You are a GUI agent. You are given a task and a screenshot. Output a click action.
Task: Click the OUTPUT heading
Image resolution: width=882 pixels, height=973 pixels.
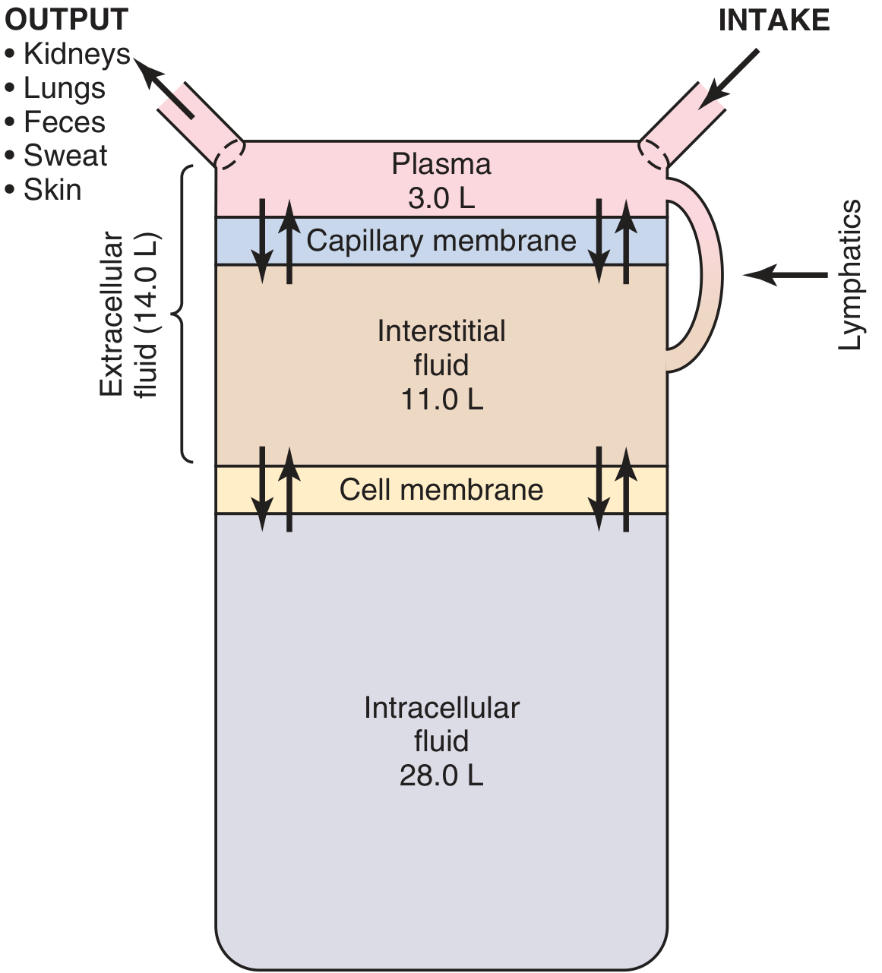pos(66,20)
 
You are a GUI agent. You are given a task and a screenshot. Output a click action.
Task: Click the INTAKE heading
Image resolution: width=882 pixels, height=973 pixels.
pos(774,21)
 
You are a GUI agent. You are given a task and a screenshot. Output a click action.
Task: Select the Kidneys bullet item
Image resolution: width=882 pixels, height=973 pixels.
pos(68,55)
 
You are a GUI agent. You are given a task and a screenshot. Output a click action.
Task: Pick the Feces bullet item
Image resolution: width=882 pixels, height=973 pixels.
pos(55,122)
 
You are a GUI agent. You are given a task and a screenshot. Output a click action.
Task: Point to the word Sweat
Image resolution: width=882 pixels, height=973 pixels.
pos(65,156)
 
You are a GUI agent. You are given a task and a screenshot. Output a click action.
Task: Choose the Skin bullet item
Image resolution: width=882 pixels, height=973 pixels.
pos(43,189)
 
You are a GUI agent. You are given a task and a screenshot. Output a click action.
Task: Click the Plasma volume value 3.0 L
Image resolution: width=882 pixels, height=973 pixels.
pos(441,198)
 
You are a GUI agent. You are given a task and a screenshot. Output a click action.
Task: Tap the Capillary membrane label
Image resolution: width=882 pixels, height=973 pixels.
pos(441,241)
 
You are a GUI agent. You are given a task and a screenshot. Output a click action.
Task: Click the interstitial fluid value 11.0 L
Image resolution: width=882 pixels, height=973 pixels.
pos(442,400)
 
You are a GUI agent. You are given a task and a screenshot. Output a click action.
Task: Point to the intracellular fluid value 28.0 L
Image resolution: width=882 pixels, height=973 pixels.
pos(441,776)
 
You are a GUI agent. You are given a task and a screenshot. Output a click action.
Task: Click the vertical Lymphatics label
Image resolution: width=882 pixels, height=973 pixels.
pos(849,275)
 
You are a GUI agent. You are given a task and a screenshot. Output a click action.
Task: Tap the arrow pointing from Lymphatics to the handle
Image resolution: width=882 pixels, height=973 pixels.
pos(786,275)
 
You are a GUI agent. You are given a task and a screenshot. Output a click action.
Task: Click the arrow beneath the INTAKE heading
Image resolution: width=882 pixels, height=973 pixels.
pos(729,79)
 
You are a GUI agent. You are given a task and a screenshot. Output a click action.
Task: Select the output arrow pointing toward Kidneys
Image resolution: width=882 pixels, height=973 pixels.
pos(163,88)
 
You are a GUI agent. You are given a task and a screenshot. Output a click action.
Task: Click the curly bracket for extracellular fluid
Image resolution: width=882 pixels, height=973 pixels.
pos(182,314)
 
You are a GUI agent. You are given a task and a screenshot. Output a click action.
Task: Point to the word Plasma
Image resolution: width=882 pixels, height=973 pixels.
pos(441,164)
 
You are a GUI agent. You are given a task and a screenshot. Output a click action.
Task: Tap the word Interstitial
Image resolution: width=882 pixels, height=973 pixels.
pos(441,331)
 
